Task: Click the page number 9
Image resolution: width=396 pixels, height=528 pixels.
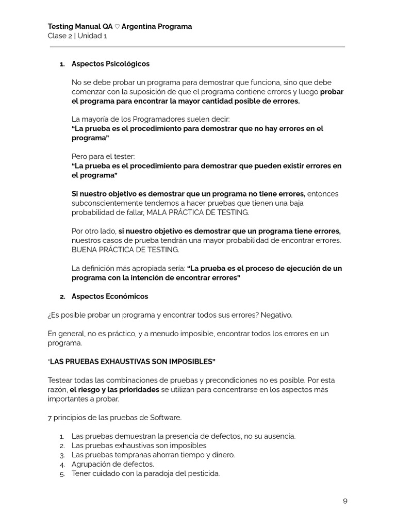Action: coord(345,501)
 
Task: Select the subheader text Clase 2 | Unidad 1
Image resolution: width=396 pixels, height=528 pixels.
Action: coord(77,36)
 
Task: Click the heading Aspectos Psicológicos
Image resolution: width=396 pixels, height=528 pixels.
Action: coord(110,64)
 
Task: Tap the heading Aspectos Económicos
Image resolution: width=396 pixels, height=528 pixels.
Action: coord(109,296)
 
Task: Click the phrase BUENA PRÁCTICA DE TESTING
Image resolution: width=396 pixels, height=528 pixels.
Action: coord(125,250)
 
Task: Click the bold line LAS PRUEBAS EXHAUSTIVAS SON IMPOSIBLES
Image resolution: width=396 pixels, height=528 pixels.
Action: coord(132,361)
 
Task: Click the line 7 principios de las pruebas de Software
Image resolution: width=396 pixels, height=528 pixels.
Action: coord(114,417)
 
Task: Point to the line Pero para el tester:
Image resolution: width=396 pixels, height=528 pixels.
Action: coord(104,156)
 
